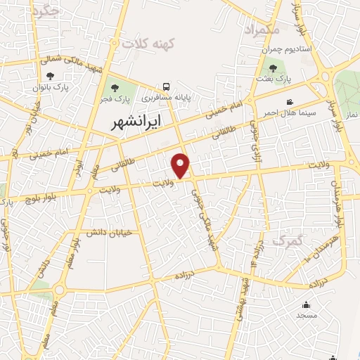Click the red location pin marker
[181, 165]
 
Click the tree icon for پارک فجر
[115, 88]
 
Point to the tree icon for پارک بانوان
[50, 76]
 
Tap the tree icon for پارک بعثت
[274, 69]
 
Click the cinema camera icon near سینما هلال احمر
[290, 103]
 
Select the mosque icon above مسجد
[306, 305]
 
